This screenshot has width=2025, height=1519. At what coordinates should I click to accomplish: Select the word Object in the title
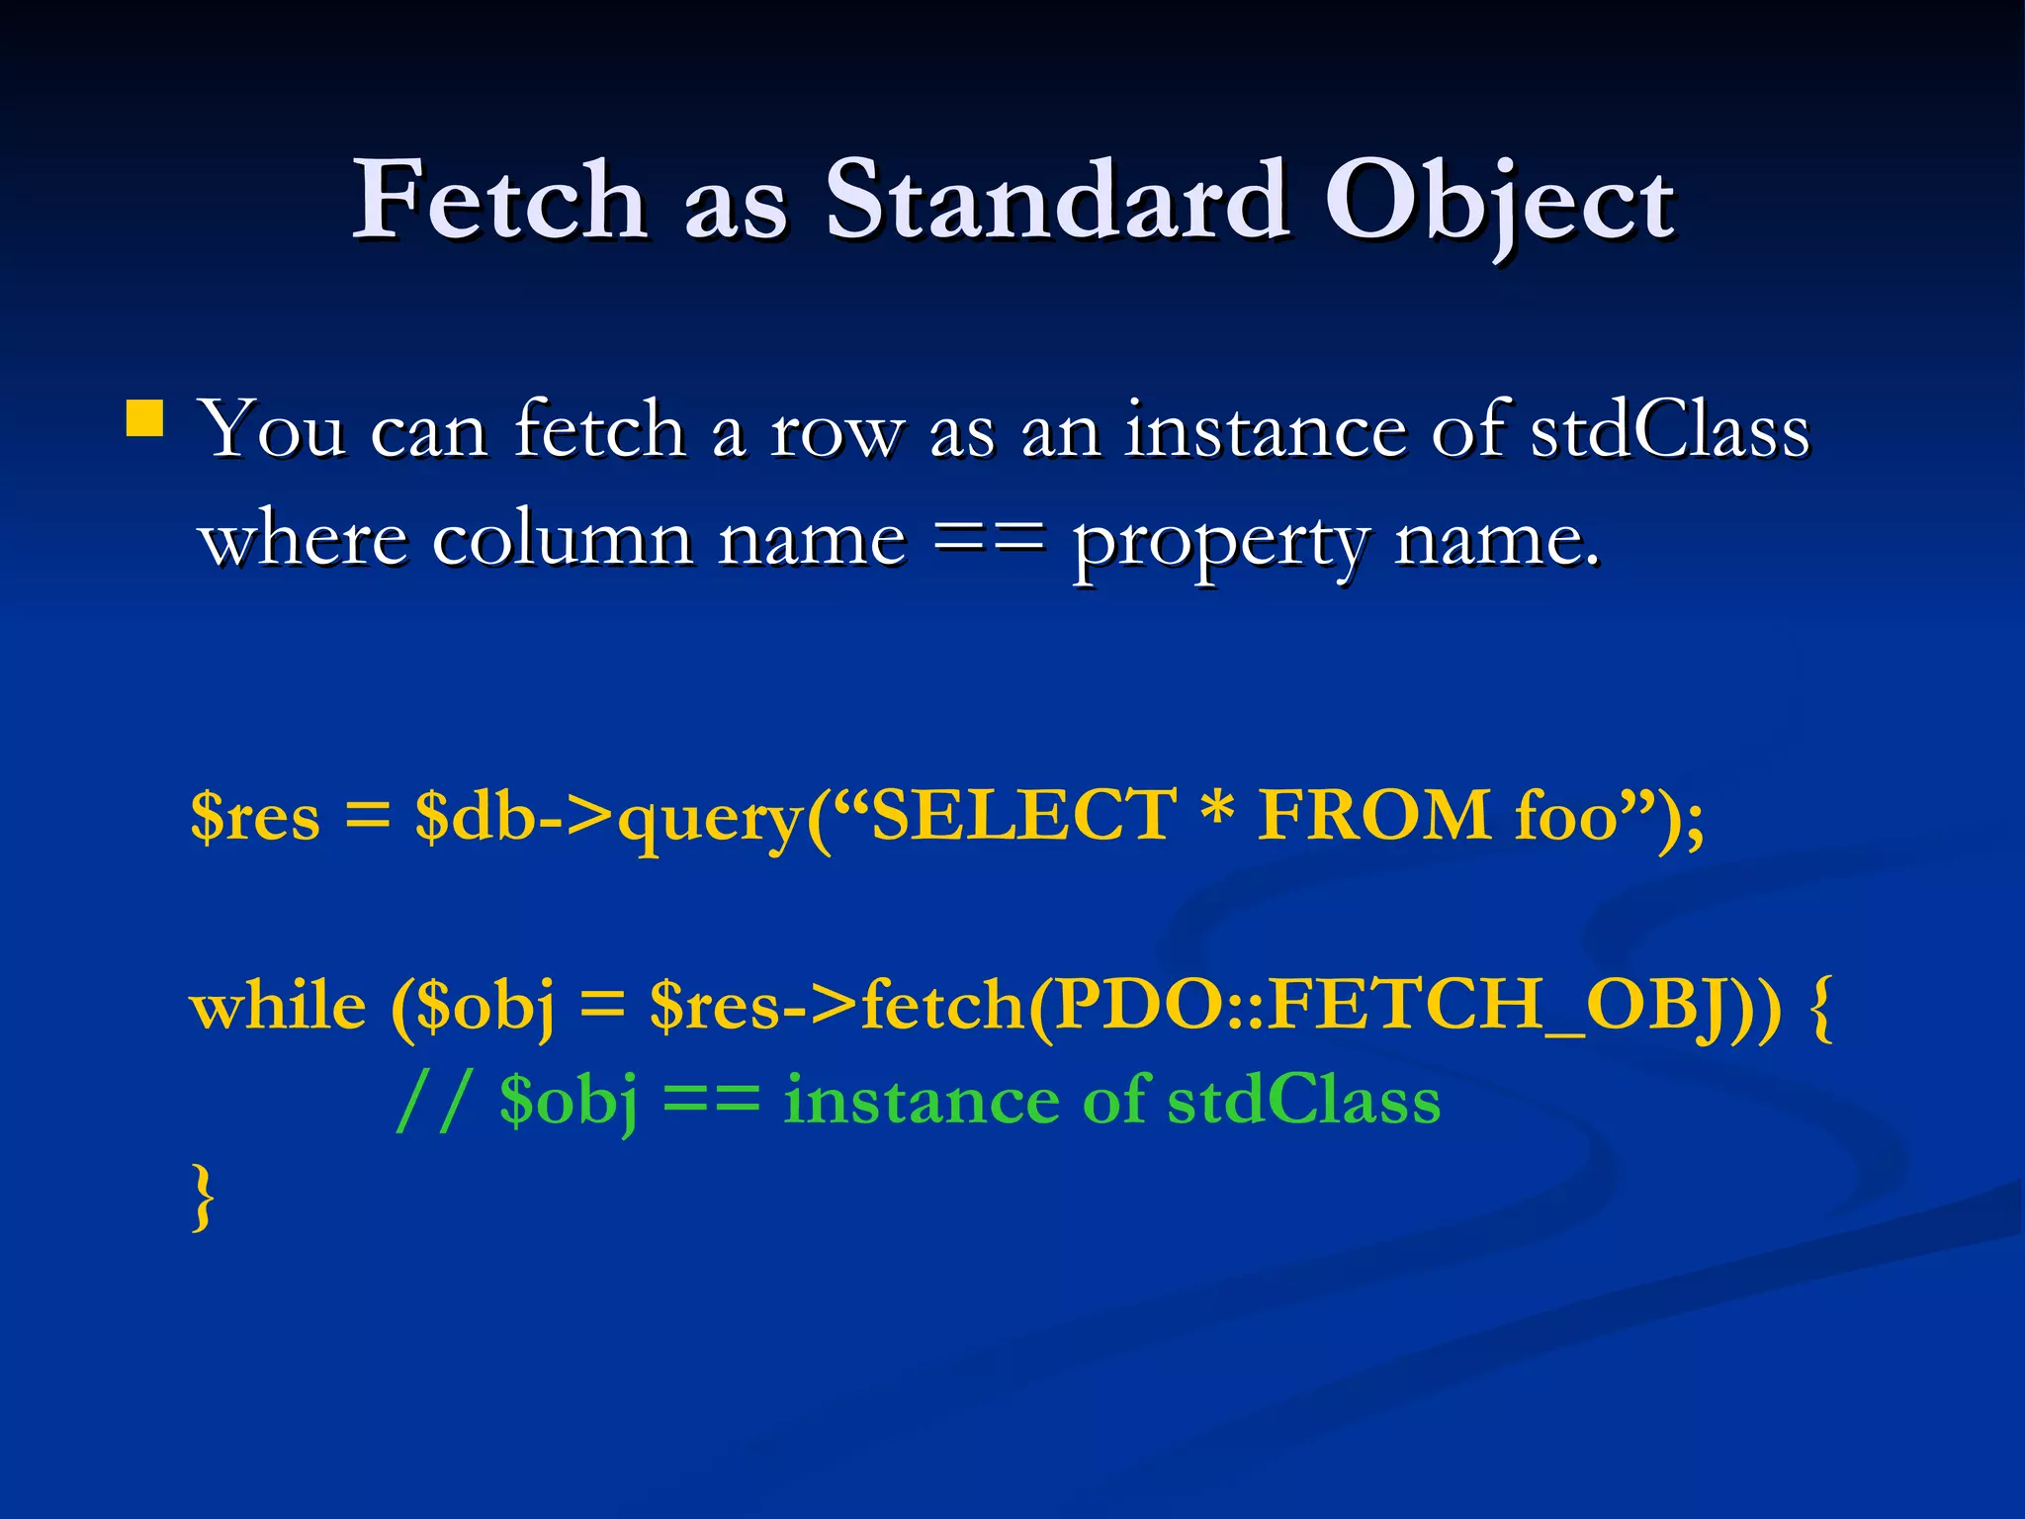1499,203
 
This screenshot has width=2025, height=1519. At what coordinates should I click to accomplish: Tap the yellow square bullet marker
145,418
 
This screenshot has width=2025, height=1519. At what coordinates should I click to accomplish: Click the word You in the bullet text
273,432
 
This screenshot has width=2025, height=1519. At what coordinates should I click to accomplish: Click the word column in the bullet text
563,541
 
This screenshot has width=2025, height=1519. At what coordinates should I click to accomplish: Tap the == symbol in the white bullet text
989,541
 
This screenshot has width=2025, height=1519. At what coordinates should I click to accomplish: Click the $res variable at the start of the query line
255,817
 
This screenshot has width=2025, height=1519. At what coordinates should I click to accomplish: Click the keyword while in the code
278,1008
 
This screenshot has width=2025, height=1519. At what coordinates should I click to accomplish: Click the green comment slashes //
432,1101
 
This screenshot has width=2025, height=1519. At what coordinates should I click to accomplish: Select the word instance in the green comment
921,1101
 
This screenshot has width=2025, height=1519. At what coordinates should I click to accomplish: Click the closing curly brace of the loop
203,1198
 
